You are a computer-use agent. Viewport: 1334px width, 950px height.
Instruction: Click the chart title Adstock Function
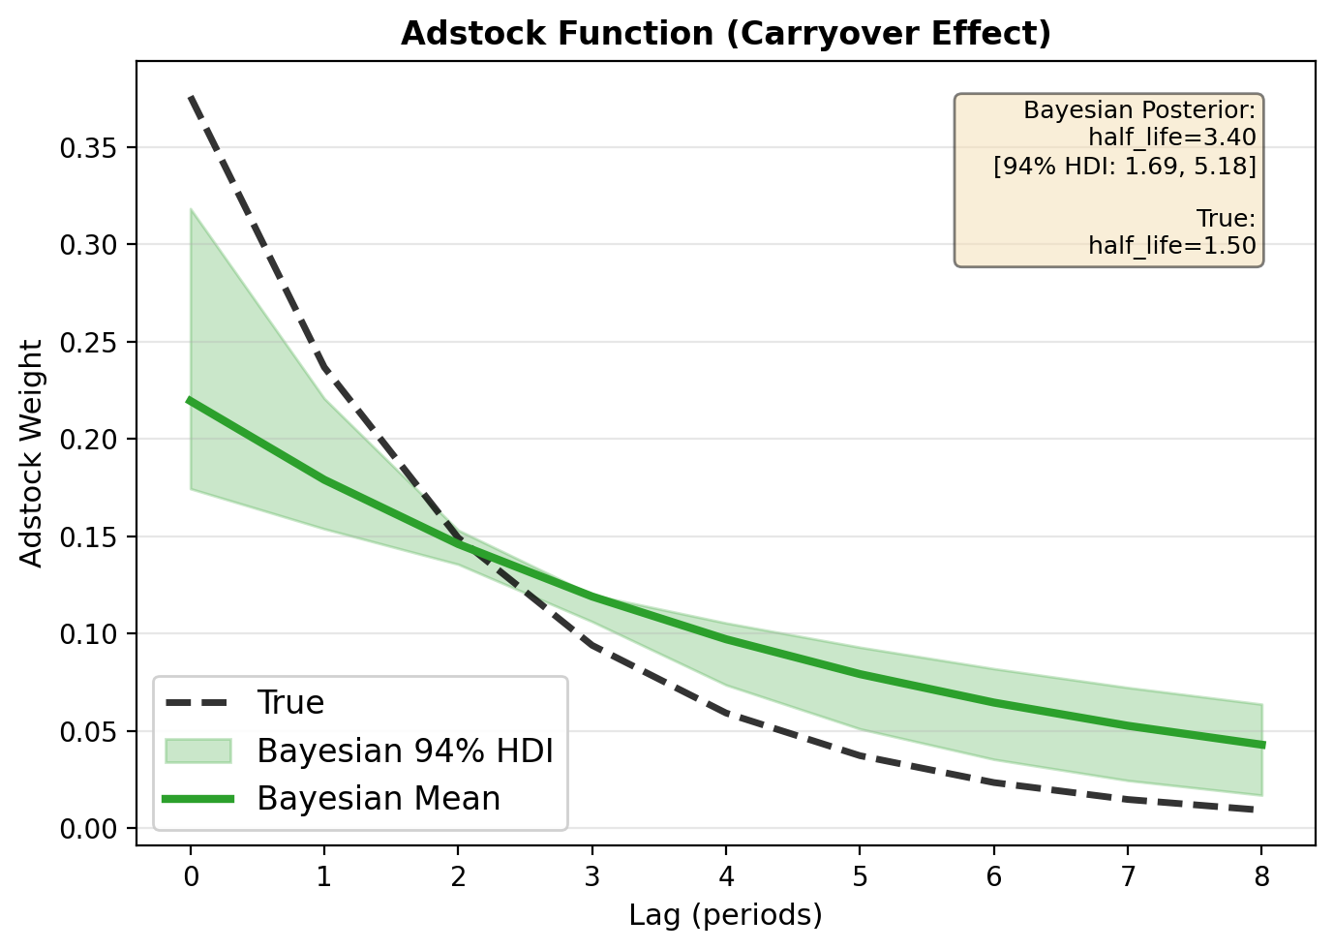725,34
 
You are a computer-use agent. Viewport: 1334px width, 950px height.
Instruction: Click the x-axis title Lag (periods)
725,914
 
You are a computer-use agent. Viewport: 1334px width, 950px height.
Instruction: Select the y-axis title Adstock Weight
32,453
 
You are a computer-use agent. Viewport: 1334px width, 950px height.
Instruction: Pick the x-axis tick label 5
860,877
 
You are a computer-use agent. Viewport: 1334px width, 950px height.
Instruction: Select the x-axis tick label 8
1260,877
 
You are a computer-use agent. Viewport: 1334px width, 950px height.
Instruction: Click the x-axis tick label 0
191,877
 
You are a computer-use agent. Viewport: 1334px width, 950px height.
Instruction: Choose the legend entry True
290,703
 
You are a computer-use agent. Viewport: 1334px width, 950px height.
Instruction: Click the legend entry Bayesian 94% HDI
405,751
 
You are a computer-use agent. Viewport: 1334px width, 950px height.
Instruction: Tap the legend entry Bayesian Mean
379,799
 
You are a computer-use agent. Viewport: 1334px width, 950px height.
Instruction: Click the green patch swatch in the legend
197,751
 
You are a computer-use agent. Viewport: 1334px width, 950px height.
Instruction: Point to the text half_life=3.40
1171,138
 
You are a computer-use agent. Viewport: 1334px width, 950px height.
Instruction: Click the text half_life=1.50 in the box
1171,246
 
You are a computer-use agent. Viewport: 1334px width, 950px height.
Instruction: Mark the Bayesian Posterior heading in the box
1139,109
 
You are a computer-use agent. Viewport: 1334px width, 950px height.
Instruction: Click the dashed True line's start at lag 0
191,97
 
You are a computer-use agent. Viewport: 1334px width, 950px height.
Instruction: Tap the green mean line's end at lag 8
1260,745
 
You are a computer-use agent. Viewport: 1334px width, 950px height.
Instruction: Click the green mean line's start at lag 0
191,400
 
